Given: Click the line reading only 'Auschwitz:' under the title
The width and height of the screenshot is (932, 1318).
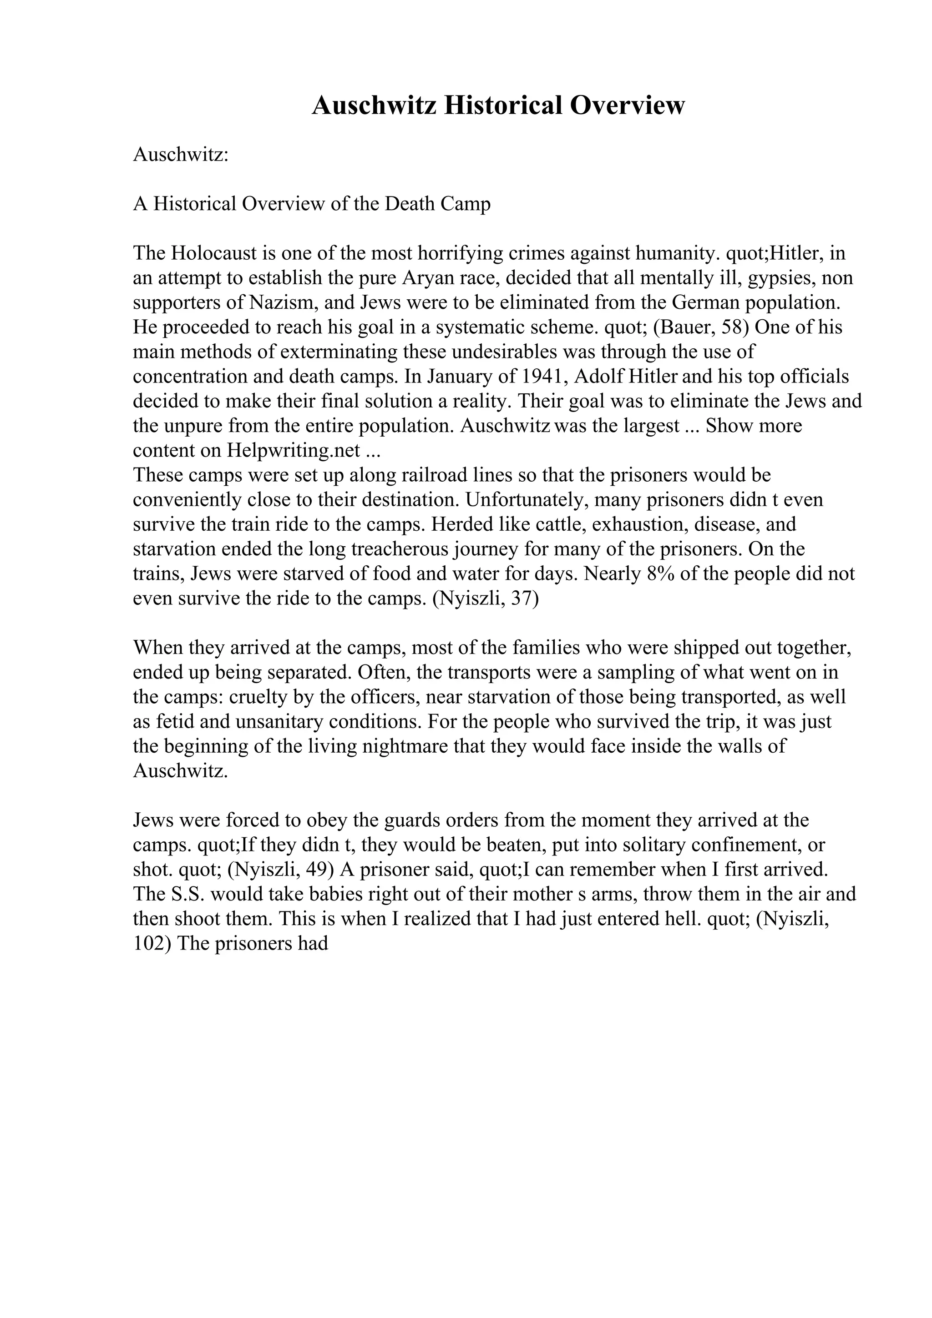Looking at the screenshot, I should point(181,155).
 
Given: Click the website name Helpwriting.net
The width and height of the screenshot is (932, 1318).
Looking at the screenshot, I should point(294,451).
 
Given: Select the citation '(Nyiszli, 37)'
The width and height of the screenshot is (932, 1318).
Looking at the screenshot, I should point(485,598).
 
